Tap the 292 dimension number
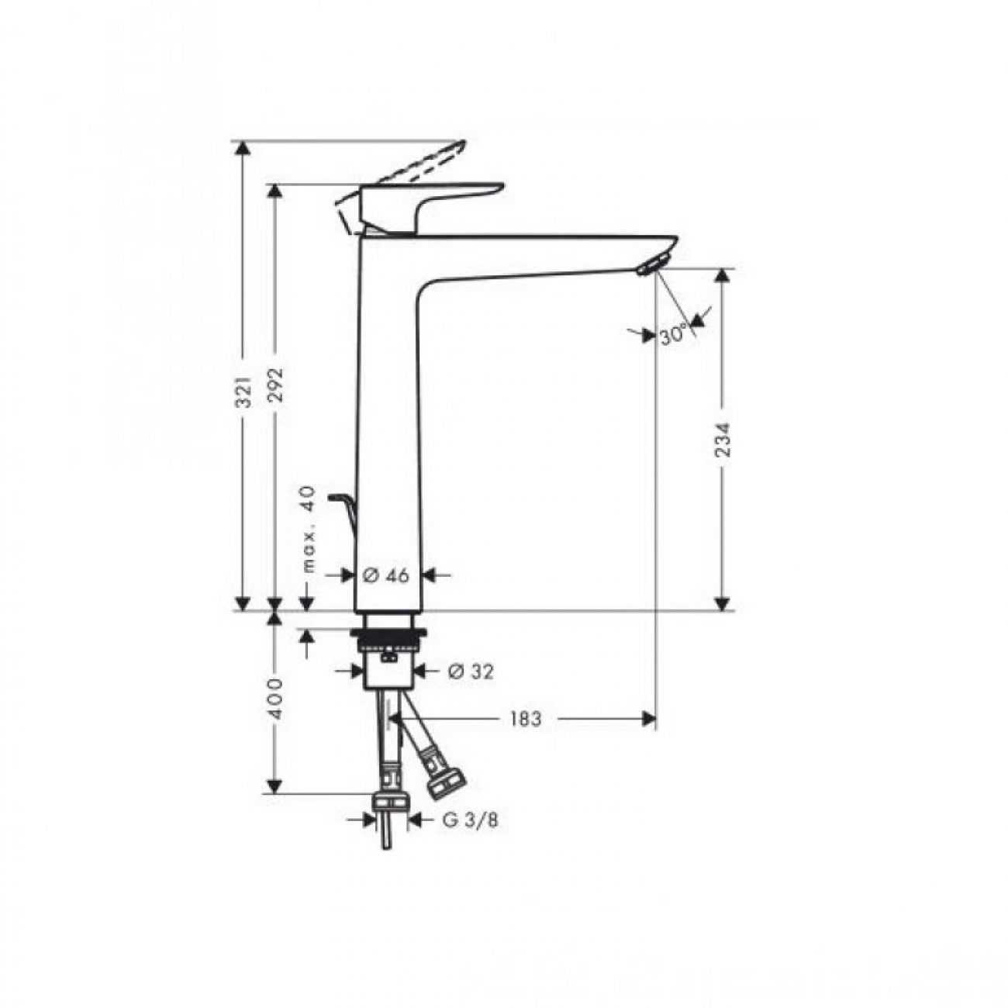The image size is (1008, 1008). click(x=276, y=385)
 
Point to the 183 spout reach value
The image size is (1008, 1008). click(x=525, y=719)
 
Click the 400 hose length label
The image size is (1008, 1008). click(x=276, y=699)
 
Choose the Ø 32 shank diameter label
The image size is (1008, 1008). click(x=471, y=671)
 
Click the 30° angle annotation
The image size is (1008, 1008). click(x=673, y=333)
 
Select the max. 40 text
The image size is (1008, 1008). click(x=309, y=529)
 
